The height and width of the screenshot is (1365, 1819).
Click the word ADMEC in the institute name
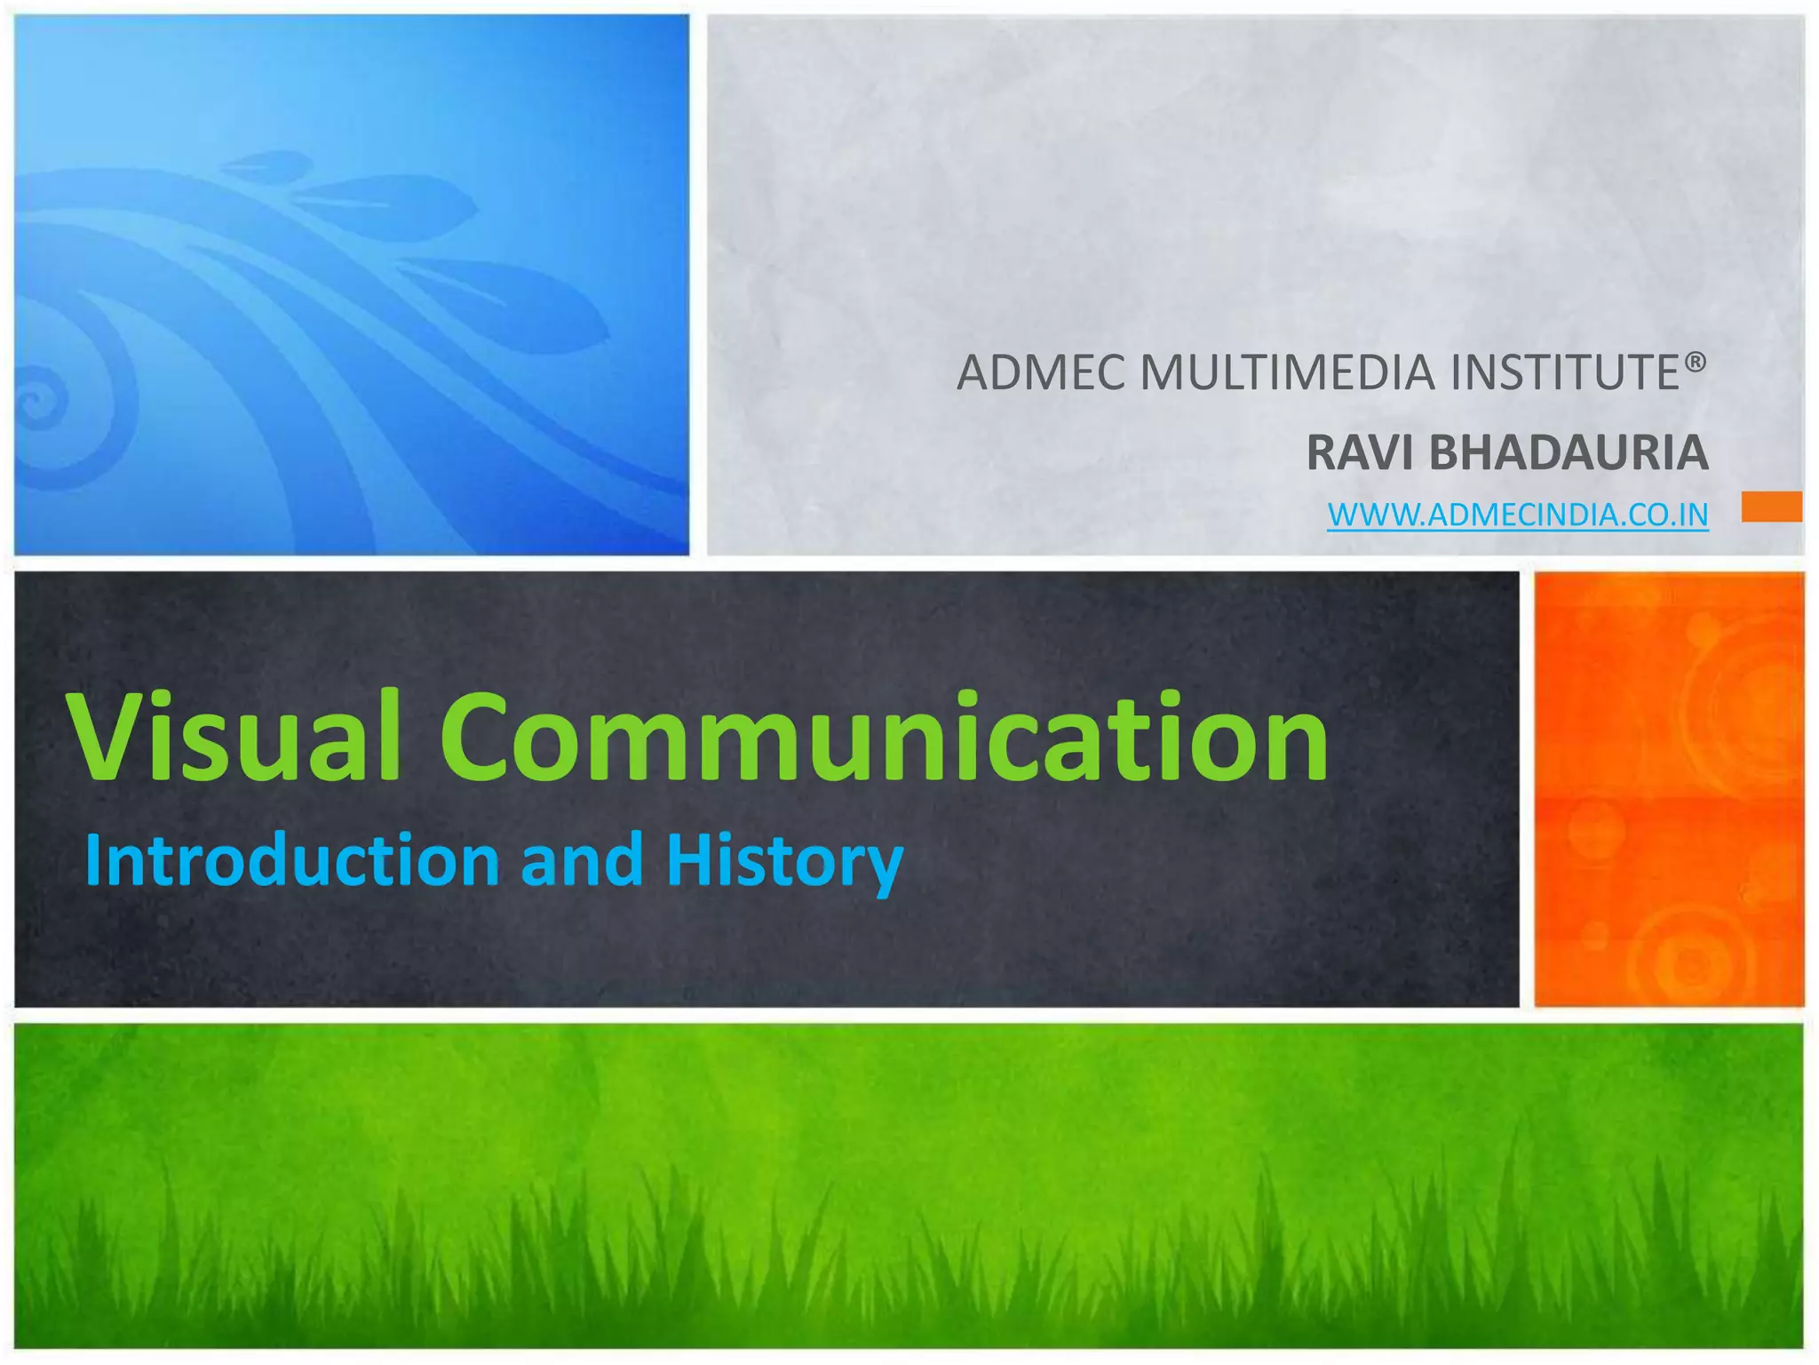(1041, 373)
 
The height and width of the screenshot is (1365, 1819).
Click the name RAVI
(1360, 453)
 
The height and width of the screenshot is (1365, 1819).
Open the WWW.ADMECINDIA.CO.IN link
(1517, 515)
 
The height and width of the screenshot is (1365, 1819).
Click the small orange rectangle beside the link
(1771, 507)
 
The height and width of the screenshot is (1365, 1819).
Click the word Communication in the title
(884, 738)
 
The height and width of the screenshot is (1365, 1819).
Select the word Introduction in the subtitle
(292, 860)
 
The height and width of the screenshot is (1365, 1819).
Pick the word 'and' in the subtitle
(582, 860)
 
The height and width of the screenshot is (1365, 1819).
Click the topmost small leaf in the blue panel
(264, 164)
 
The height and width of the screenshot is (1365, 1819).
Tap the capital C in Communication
(484, 738)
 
